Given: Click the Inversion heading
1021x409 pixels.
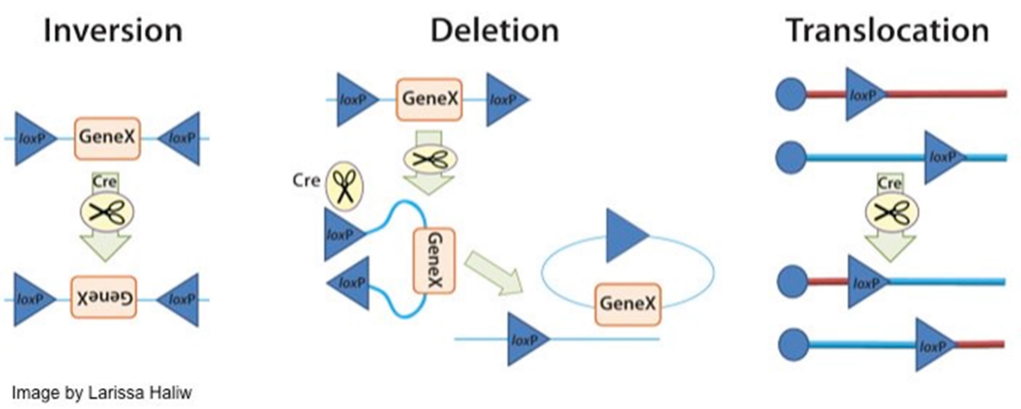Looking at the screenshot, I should click(x=113, y=31).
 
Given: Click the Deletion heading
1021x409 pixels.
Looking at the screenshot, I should click(x=494, y=31).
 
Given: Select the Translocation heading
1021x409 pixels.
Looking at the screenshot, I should click(x=887, y=31).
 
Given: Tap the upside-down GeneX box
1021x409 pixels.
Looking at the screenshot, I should click(x=107, y=299).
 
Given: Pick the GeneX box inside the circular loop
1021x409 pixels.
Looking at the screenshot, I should click(x=627, y=304).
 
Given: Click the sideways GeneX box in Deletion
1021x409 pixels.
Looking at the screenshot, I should click(x=433, y=260).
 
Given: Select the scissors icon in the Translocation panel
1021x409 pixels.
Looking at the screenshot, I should click(x=890, y=214).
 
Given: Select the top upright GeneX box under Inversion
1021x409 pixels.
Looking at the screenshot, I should click(x=107, y=138).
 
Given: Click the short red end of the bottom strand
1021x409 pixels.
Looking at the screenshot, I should click(x=980, y=344).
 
